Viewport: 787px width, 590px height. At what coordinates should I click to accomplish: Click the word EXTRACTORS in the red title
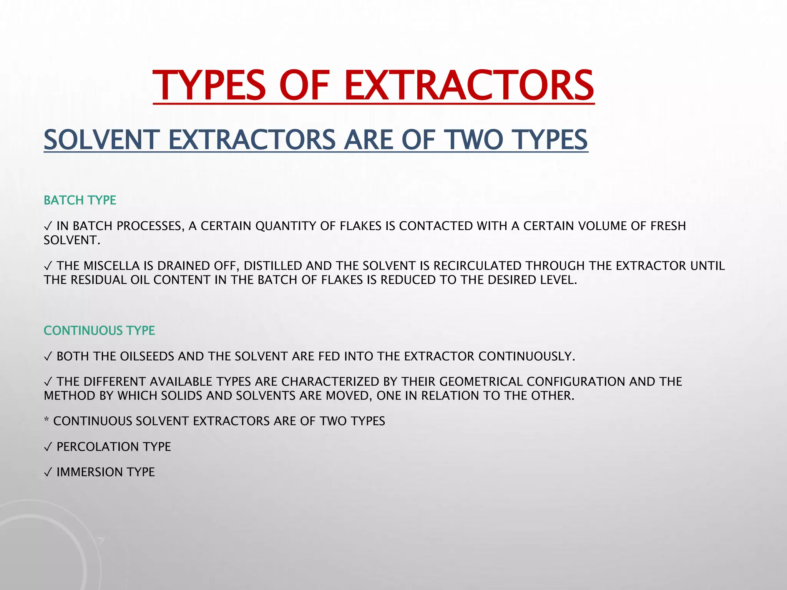coord(469,85)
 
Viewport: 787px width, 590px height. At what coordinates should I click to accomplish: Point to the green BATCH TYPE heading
coord(80,201)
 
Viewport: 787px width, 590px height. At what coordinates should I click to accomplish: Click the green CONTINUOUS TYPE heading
coord(99,331)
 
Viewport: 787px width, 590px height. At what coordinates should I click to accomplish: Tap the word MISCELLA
coord(111,266)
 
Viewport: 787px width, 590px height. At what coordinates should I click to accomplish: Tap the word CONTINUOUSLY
coord(526,356)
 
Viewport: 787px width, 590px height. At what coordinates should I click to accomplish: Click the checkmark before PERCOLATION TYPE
coord(48,447)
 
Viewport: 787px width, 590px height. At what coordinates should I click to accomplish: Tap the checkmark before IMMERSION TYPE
coord(48,472)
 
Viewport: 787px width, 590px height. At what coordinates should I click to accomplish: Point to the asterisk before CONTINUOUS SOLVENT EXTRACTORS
coord(46,420)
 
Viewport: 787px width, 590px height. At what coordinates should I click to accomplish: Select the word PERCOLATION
coord(98,447)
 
